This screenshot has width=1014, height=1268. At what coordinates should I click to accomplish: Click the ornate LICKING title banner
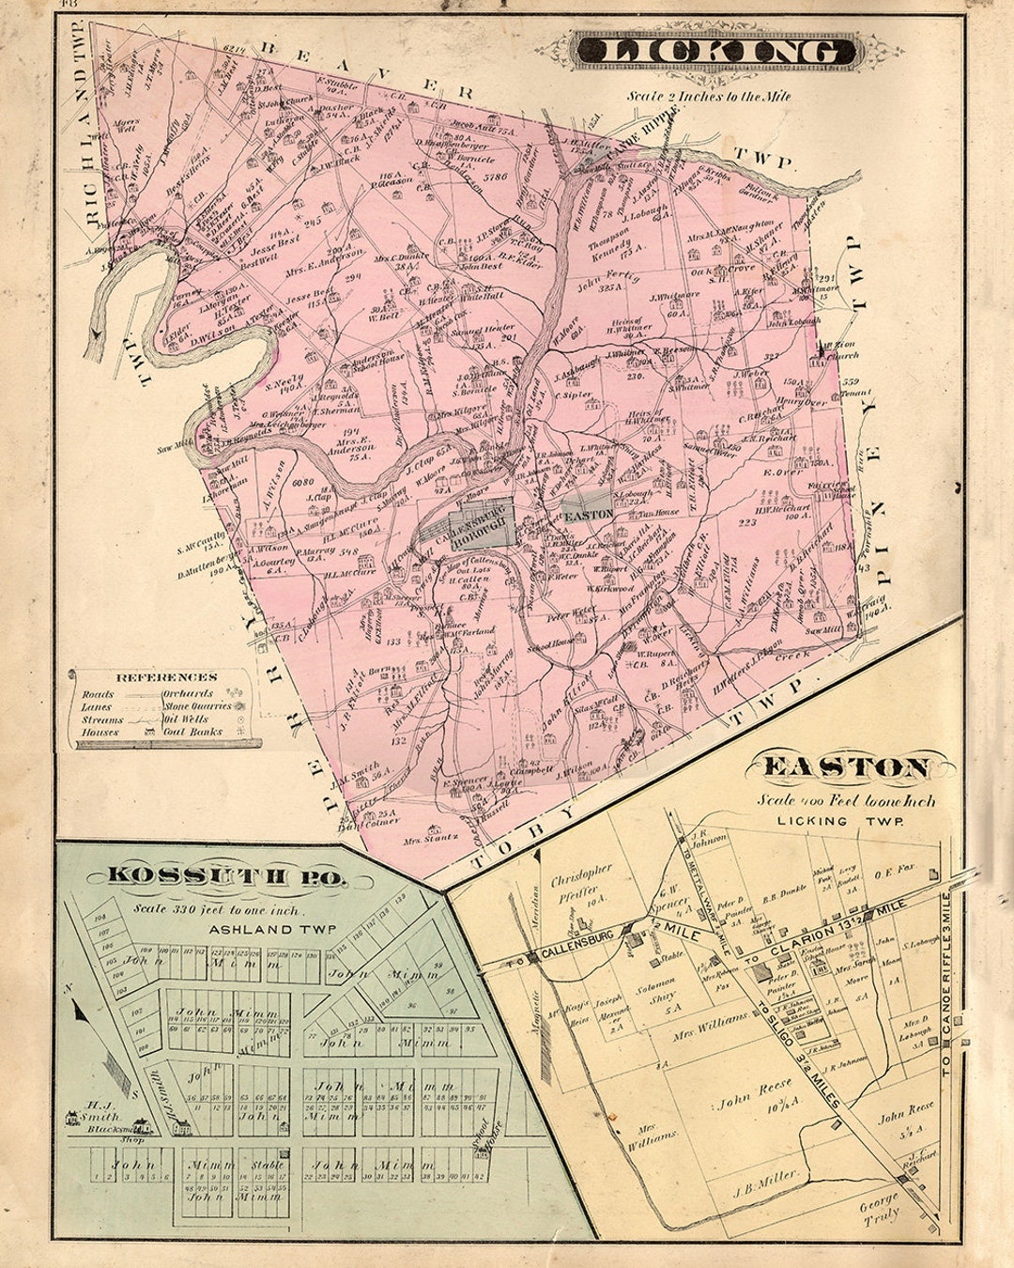tap(715, 52)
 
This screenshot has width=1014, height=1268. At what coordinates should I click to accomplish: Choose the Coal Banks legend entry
tap(192, 732)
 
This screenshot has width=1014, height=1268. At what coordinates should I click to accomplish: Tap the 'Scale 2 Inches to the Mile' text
tap(710, 96)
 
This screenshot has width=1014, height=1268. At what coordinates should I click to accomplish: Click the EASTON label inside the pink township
tap(588, 515)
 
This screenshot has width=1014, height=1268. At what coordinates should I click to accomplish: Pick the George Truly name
tap(881, 1204)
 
